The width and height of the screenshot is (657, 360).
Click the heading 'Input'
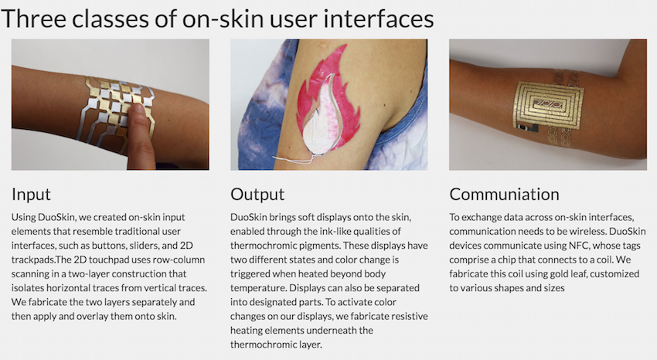(x=31, y=195)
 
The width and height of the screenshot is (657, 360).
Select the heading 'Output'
(x=257, y=195)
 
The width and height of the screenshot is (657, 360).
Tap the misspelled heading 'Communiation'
(x=504, y=195)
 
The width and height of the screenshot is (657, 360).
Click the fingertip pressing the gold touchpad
(x=135, y=111)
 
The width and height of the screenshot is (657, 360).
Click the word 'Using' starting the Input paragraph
(x=23, y=218)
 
